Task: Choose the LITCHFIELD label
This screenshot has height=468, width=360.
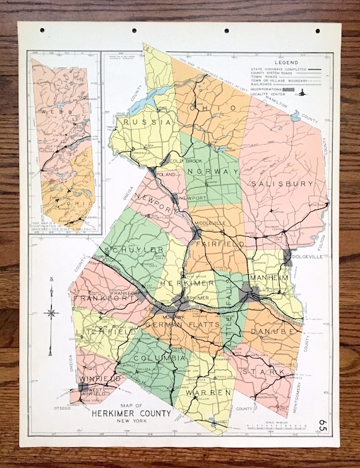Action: pos(97,331)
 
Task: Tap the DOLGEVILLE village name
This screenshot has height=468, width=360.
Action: pos(310,257)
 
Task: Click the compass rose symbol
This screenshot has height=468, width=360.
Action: pos(51,312)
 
